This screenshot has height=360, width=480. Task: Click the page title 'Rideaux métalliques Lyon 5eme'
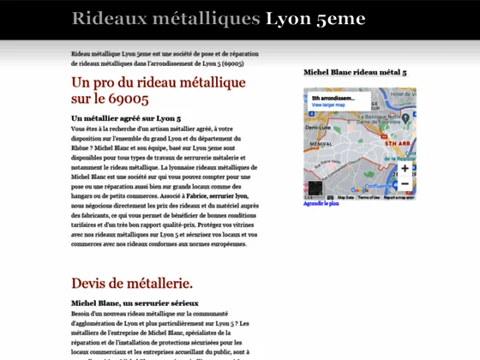pos(219,19)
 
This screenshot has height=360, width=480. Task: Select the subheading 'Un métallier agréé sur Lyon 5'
pos(126,117)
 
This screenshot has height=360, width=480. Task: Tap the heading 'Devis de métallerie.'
pos(132,283)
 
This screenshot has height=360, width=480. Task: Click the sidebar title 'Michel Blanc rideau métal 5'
pos(355,73)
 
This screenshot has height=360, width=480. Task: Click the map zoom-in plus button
pos(405,168)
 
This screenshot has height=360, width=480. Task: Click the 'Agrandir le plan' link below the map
pos(321,204)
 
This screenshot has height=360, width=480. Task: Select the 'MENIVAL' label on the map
pos(321,144)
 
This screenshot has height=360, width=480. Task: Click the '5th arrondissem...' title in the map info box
pos(333,98)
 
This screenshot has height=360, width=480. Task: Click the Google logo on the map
pos(360,190)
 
